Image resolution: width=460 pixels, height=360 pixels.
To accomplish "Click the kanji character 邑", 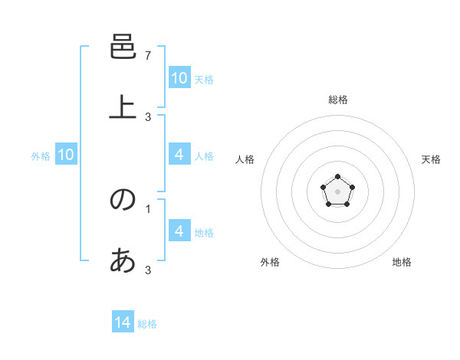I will click(123, 48).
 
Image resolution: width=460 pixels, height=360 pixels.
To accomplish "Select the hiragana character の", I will click(123, 199).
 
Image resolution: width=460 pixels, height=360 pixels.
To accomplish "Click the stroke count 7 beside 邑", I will click(148, 55).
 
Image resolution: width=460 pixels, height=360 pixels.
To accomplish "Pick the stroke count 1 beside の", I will click(148, 208).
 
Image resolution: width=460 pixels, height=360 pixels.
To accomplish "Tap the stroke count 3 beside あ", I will click(148, 270).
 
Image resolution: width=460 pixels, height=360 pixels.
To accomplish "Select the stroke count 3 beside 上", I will click(148, 116).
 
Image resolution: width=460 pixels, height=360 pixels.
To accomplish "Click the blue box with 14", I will click(123, 322).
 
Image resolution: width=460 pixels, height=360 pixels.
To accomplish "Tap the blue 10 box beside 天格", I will click(179, 78).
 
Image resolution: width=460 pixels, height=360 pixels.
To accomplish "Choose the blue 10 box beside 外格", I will click(66, 155).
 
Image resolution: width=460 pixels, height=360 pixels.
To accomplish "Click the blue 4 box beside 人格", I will click(179, 155).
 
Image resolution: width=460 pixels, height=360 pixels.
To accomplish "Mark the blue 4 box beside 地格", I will click(179, 231).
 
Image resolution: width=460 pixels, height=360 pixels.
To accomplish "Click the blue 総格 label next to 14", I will click(147, 324).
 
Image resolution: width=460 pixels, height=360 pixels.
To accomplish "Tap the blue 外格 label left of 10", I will click(41, 156).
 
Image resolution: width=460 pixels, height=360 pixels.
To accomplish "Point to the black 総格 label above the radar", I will click(338, 100).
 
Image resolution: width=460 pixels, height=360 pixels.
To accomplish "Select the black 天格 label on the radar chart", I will click(431, 159).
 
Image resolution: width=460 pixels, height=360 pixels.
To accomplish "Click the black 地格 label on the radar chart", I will click(402, 262).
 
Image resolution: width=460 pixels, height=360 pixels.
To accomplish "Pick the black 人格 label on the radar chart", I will click(245, 159).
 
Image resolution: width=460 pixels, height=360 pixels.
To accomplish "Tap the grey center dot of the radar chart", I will click(337, 191).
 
